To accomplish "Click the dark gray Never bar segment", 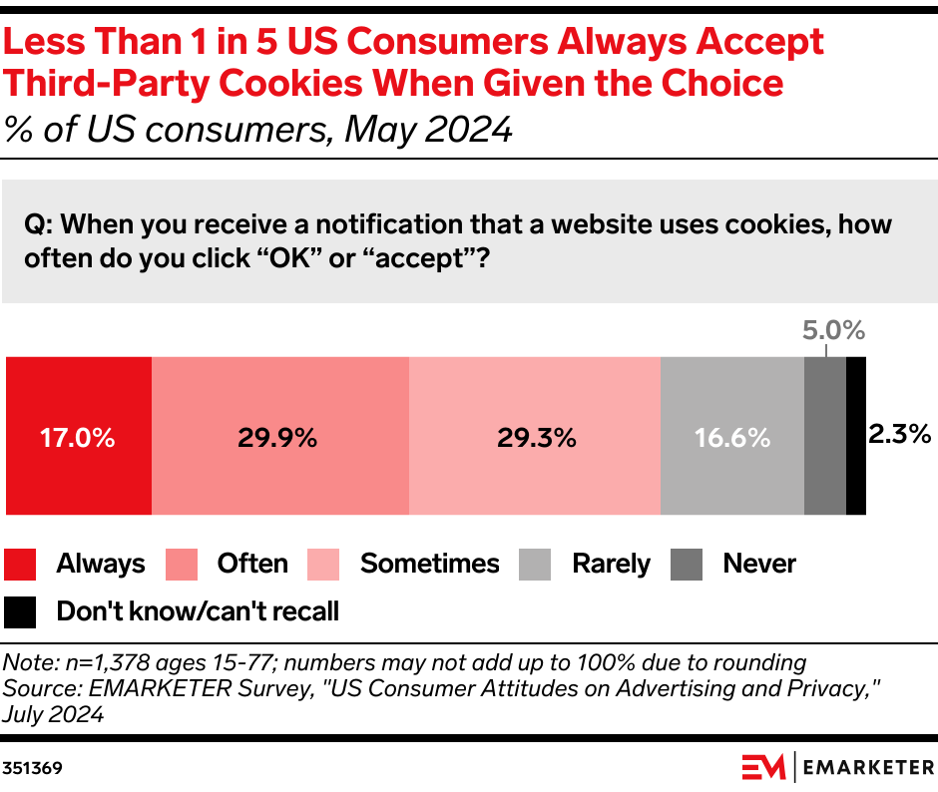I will coord(824,436).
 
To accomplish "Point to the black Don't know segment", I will coord(855,436).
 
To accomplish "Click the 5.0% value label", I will coord(833,330).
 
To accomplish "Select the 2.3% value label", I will coord(899,434).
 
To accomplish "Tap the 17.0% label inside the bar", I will coord(78,437).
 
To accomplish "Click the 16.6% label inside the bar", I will coord(731,437).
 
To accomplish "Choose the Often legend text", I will coord(252,564).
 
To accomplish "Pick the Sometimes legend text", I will coord(429,564).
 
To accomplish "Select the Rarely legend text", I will coord(611,564).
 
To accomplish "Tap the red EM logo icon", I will coord(763,767).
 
